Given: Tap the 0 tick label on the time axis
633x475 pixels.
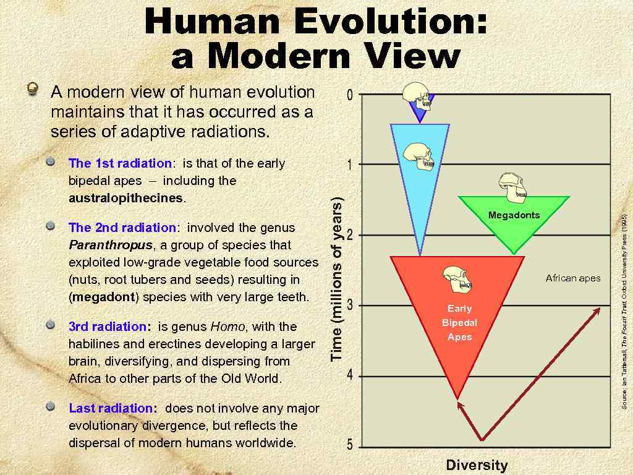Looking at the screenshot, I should click(x=350, y=95).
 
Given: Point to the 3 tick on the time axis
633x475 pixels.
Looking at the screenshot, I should click(x=350, y=305).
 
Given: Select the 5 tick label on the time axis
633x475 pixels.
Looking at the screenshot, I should click(x=350, y=445).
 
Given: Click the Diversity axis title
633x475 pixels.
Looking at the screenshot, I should click(x=477, y=465).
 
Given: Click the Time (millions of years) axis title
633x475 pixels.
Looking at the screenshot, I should click(x=337, y=281).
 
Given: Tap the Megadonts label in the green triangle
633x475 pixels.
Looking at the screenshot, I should click(x=514, y=215).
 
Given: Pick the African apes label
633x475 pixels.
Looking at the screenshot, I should click(x=573, y=278).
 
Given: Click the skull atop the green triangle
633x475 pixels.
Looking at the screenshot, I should click(x=514, y=187).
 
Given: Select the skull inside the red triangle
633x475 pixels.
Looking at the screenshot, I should click(x=458, y=280).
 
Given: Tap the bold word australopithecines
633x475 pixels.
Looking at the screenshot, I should click(x=126, y=199).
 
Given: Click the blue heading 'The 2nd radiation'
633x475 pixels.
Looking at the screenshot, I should click(x=122, y=228).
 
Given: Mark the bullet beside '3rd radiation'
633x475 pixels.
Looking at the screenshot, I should click(x=51, y=325).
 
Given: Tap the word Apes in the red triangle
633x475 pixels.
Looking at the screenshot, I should click(x=459, y=337).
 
